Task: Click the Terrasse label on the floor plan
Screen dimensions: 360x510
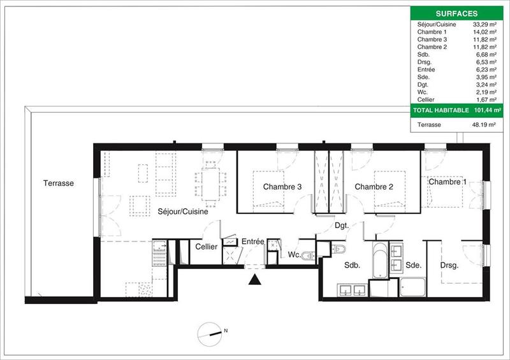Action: coord(59,184)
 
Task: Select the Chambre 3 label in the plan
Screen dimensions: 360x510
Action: coord(282,187)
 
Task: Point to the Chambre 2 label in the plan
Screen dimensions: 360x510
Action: coord(374,187)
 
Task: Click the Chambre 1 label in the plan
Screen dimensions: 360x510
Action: coord(448,182)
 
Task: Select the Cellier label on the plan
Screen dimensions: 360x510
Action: coord(207,247)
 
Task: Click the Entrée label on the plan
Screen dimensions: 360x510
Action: coord(252,241)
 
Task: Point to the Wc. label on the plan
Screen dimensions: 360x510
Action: coord(294,256)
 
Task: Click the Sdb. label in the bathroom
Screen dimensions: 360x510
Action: coord(353,266)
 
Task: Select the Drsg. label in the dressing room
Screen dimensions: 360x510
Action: coord(450,265)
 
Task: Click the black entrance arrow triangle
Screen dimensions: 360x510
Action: coord(255,279)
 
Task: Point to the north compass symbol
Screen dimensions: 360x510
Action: coord(212,331)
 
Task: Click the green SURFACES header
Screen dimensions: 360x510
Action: coord(458,13)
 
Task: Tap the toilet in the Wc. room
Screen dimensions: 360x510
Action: coord(309,256)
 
